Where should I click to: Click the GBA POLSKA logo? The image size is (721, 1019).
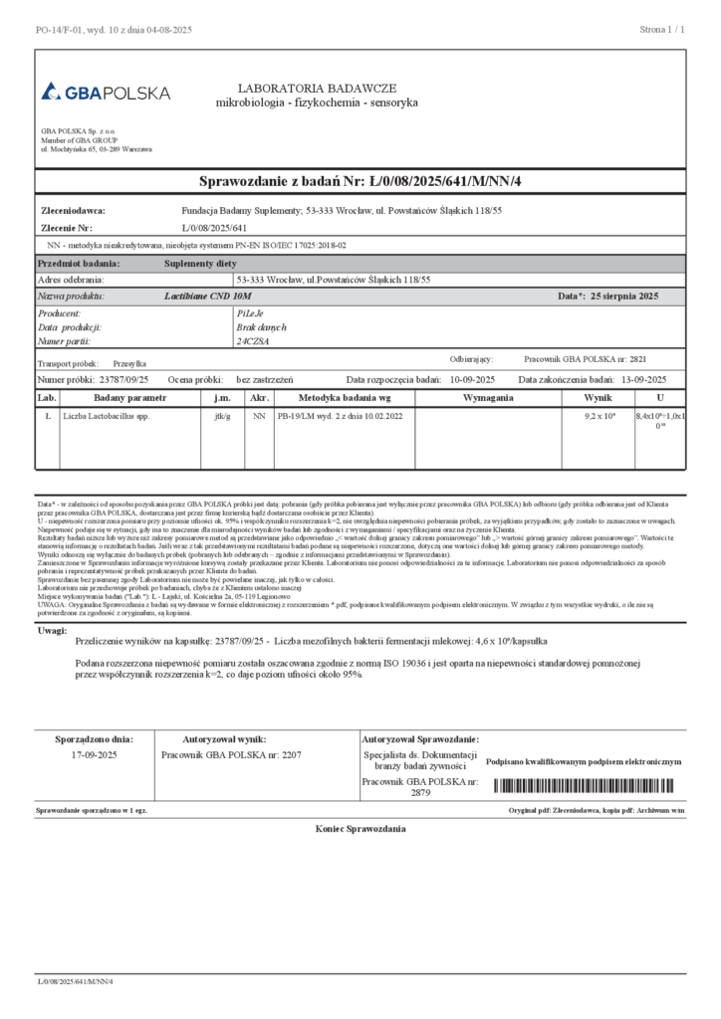click(106, 93)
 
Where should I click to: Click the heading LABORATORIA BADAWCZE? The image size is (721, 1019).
click(317, 89)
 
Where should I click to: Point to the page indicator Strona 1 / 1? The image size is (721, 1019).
click(662, 31)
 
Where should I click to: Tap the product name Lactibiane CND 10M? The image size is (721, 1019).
click(208, 297)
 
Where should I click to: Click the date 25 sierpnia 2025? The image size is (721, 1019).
click(624, 297)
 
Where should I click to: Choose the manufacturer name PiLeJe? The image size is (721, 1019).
click(249, 312)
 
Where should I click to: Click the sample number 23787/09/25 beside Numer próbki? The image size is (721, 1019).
click(123, 379)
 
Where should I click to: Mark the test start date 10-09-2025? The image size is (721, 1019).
click(474, 379)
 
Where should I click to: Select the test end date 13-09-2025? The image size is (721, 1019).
click(643, 379)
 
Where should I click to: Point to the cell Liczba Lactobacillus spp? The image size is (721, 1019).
click(106, 416)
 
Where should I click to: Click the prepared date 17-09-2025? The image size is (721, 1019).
click(95, 755)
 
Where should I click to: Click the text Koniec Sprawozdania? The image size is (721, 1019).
click(360, 828)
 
